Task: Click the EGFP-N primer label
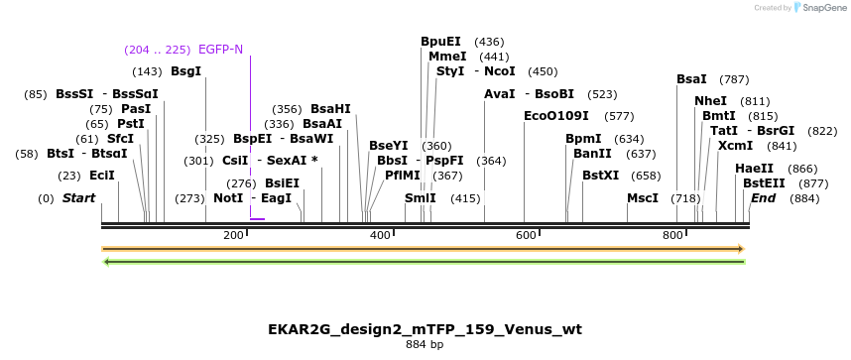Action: [220, 50]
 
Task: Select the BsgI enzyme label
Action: [185, 71]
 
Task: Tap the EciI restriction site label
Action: [102, 176]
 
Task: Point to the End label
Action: [763, 198]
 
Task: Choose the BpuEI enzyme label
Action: [440, 42]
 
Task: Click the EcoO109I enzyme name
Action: [555, 116]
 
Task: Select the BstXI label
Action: [600, 176]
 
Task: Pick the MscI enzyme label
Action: [643, 198]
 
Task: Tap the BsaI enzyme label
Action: [691, 79]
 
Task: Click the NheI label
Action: [710, 101]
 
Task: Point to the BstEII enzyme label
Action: [764, 183]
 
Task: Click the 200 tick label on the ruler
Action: [233, 235]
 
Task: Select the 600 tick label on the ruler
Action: [525, 235]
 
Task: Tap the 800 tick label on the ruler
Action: [671, 235]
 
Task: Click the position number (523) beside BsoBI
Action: [602, 94]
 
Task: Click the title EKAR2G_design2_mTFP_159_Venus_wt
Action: [425, 329]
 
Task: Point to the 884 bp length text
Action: [425, 345]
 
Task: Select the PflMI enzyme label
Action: [403, 176]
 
